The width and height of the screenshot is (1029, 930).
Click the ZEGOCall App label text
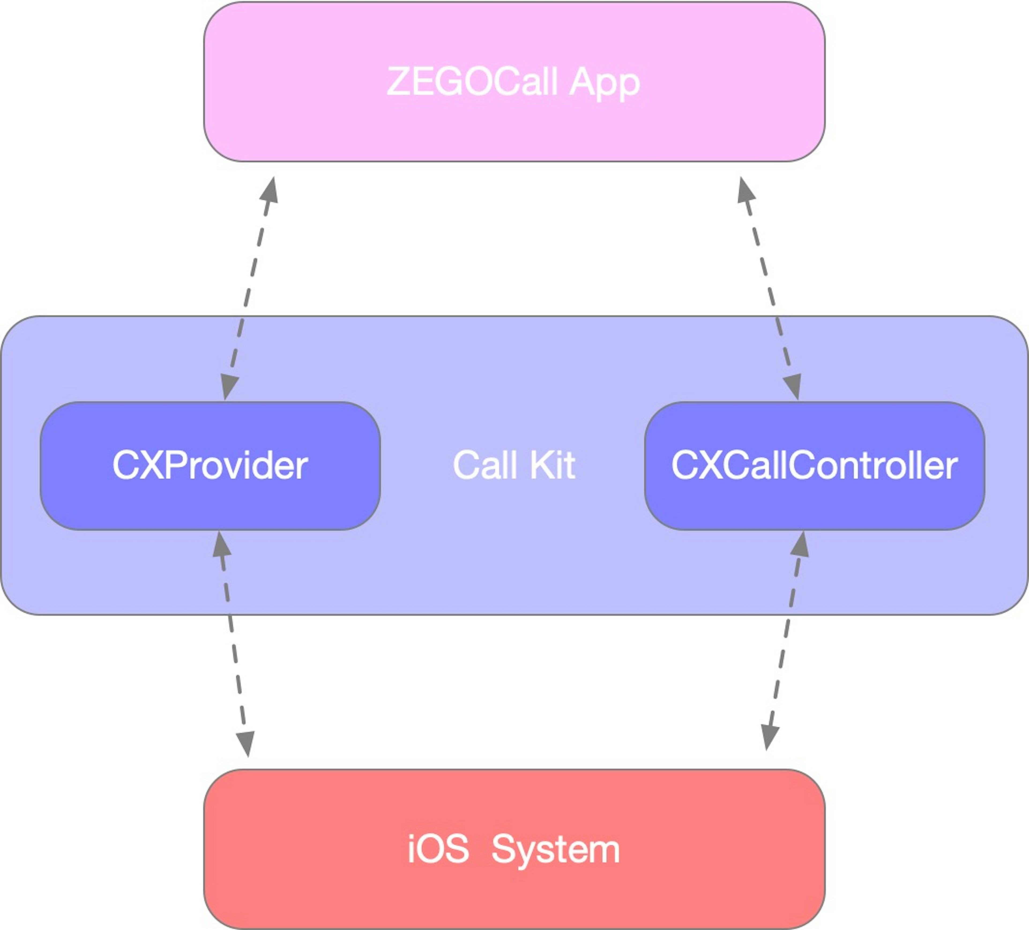513,83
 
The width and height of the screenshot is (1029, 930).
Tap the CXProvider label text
210,465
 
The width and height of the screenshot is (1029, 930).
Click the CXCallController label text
814,465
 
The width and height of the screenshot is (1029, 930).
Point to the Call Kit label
514,465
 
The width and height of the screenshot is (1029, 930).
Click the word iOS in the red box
438,849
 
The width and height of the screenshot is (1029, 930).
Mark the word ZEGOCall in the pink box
472,83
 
